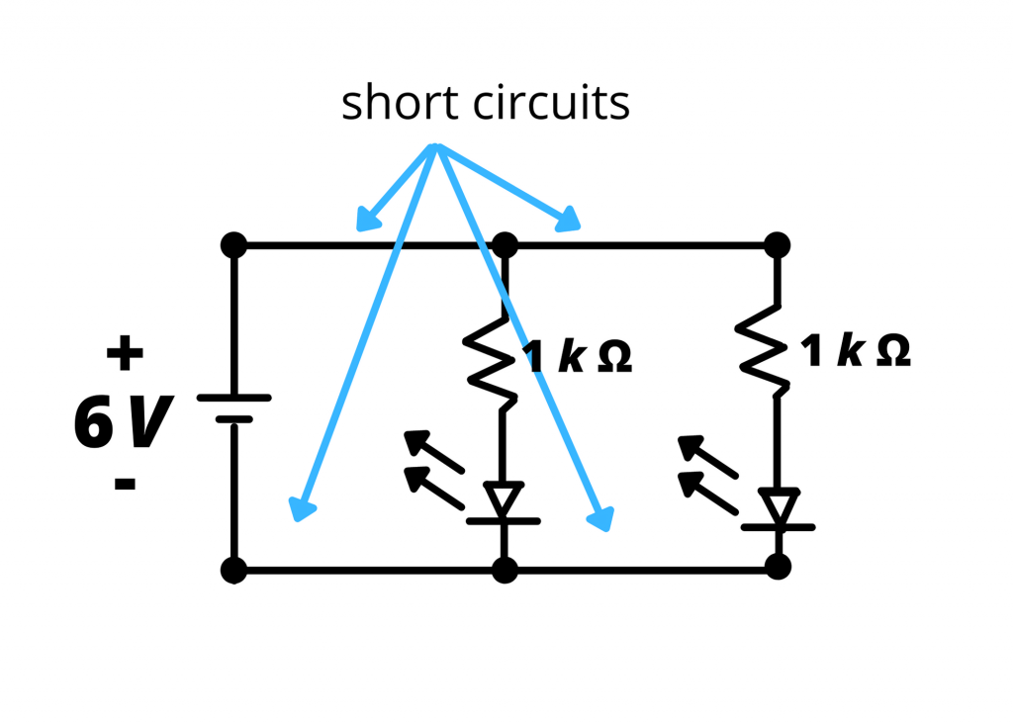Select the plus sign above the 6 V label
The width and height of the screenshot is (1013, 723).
(125, 353)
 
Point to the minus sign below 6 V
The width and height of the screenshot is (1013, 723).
(125, 484)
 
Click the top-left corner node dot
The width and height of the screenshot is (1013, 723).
(233, 244)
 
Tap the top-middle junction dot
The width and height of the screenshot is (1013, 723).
(505, 244)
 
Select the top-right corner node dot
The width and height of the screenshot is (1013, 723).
(778, 244)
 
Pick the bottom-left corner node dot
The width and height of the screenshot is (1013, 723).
(233, 570)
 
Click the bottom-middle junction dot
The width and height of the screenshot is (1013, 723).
(505, 570)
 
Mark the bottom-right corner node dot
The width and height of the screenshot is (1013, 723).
(778, 567)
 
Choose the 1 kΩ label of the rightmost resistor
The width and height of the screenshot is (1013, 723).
(857, 351)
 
